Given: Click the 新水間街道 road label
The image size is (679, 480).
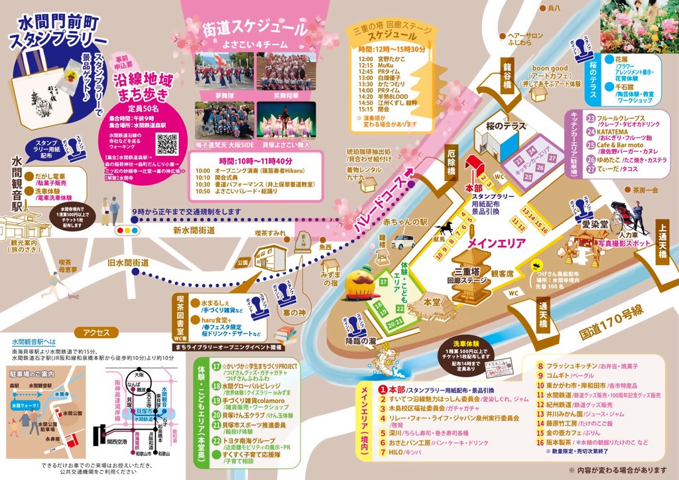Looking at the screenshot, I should coord(194,229).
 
